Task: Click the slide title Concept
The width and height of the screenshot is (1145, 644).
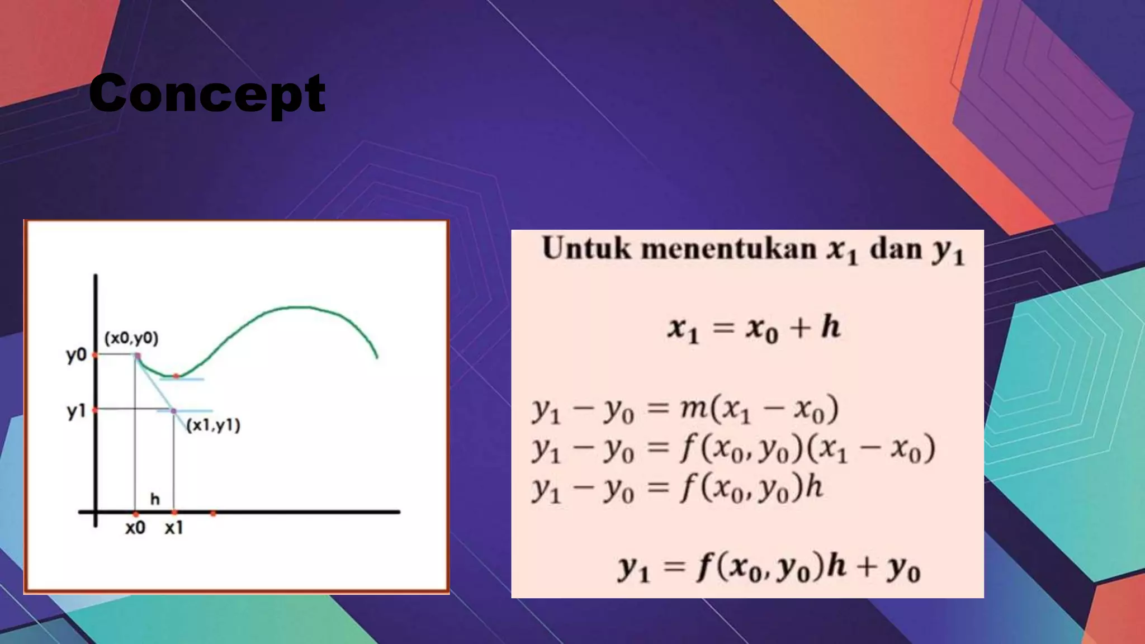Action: click(x=207, y=93)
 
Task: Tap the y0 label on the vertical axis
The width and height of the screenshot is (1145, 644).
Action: click(x=77, y=355)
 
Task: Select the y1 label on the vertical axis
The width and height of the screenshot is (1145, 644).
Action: click(x=77, y=411)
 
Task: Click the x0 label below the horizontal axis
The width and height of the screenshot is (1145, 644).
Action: click(x=135, y=528)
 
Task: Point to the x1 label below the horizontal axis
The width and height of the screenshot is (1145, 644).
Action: click(x=174, y=528)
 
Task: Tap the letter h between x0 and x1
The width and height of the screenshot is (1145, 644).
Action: click(x=155, y=499)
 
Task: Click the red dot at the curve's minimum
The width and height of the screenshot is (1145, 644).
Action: click(x=176, y=376)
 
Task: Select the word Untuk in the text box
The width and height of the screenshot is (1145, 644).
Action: click(x=586, y=249)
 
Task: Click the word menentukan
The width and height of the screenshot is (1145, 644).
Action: click(x=729, y=249)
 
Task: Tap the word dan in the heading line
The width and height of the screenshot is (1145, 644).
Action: click(x=896, y=249)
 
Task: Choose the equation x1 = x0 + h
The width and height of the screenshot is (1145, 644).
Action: click(x=753, y=328)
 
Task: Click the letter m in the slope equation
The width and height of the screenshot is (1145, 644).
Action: click(x=693, y=409)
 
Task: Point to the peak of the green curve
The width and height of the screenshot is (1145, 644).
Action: click(x=299, y=307)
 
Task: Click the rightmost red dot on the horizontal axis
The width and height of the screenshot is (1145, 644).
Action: click(x=213, y=513)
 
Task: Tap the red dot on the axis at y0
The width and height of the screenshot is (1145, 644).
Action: click(x=95, y=355)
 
